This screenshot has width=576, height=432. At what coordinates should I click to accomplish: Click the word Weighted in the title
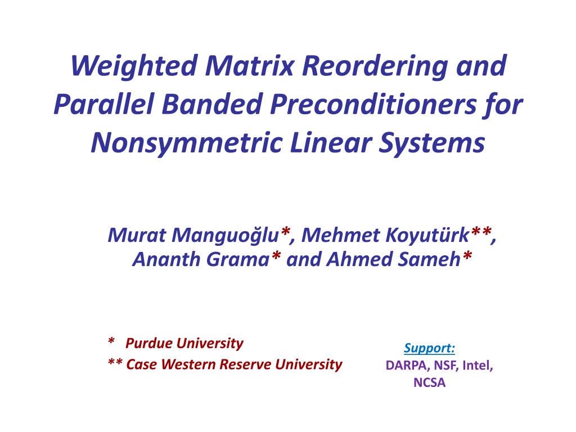point(134,67)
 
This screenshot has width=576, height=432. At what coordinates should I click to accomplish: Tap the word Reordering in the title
point(375,67)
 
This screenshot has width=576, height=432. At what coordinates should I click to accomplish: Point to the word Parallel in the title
point(103,104)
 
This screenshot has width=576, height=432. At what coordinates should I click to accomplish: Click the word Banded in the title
point(212,104)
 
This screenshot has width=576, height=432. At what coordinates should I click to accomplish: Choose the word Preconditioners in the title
point(373,104)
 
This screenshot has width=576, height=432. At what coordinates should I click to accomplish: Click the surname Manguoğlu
point(225,236)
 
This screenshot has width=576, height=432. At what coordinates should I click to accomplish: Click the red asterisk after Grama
point(276,256)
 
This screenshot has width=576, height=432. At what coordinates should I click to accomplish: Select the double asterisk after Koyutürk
point(481,232)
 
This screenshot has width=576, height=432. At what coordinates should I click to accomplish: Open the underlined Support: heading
point(429,348)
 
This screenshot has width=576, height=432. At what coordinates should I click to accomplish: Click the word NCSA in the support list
point(429,382)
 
